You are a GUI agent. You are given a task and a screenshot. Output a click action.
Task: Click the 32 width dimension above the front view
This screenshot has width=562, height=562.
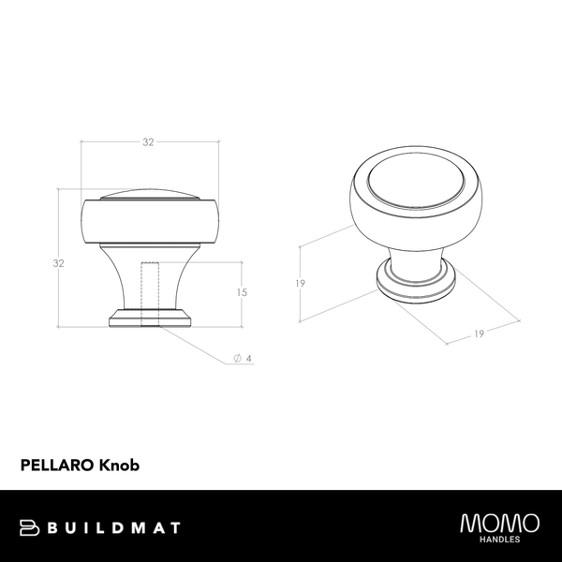pyautogui.click(x=148, y=142)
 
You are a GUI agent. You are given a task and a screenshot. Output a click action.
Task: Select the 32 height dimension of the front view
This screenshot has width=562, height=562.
pyautogui.click(x=58, y=263)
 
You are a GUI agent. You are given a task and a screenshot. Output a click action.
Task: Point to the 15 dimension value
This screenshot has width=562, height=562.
pyautogui.click(x=242, y=292)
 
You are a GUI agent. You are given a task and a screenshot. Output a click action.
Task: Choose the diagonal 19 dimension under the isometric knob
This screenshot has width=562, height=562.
pyautogui.click(x=478, y=334)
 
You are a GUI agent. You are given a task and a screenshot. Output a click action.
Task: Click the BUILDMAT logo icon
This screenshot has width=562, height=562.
pyautogui.click(x=27, y=527)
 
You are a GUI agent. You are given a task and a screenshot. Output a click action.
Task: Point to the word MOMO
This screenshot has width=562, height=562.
pyautogui.click(x=499, y=522)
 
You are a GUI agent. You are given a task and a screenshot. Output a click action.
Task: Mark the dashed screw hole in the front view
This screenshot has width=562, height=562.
pyautogui.click(x=149, y=292)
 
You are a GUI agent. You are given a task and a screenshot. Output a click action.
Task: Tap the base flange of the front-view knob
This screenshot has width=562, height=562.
pyautogui.click(x=150, y=318)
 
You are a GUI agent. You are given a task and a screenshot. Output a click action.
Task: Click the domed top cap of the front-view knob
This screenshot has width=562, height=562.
pyautogui.click(x=150, y=194)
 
